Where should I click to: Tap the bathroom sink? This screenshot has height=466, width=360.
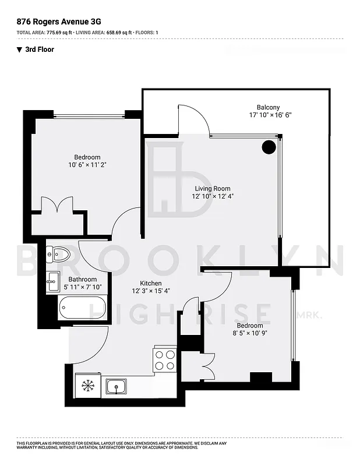point(53,278)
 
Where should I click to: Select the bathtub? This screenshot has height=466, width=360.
point(82,307)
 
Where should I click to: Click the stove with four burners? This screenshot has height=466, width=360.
point(165,359)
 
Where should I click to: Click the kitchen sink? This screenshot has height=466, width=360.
point(117,385)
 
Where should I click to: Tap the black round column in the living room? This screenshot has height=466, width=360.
point(268,147)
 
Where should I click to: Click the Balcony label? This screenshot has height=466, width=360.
point(268,107)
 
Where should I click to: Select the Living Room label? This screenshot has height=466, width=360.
point(211,189)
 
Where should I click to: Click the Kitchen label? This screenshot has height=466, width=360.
point(150,283)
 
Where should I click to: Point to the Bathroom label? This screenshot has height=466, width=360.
point(83,279)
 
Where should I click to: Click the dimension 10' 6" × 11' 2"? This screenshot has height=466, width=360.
point(87,165)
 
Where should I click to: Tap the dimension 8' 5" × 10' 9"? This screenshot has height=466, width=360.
point(249,333)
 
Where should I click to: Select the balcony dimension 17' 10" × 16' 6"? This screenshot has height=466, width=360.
point(270,115)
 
